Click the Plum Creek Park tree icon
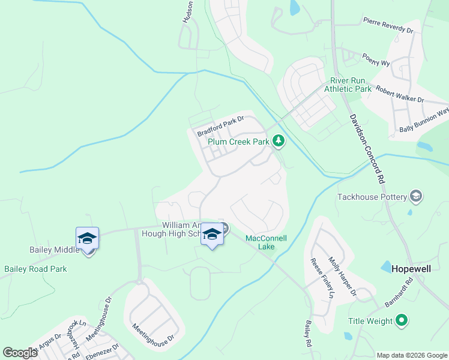[278, 142]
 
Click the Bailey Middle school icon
[87, 238]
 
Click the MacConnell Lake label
[266, 242]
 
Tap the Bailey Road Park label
[35, 269]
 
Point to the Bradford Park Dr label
[220, 127]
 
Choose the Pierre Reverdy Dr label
[388, 25]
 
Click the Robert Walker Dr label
[400, 93]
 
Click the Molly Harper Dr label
[342, 277]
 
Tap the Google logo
[20, 353]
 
